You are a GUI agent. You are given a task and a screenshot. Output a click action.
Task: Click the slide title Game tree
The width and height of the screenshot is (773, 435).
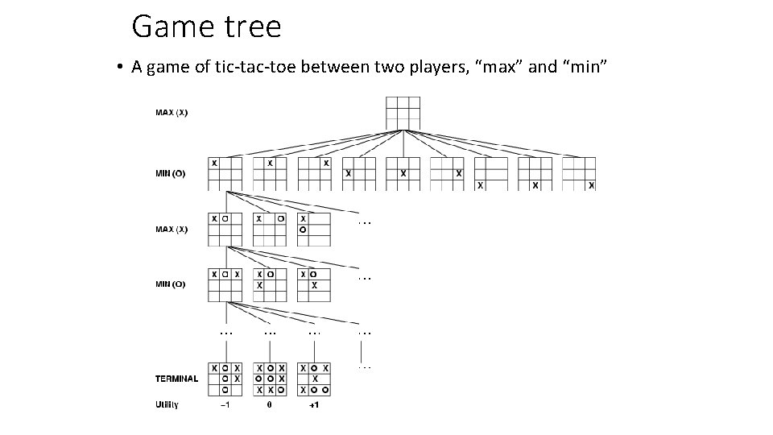coord(206,27)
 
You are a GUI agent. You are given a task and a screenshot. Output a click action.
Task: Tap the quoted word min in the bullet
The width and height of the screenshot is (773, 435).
coord(581,67)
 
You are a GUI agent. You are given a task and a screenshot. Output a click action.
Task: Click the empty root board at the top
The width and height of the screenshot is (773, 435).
coord(403,113)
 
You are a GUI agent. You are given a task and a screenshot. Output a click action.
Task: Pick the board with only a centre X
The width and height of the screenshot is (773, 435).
coord(403,173)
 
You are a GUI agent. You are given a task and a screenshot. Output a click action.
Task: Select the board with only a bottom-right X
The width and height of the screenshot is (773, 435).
coord(579,173)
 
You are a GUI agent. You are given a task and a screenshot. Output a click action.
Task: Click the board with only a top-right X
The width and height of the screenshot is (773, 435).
coord(314,173)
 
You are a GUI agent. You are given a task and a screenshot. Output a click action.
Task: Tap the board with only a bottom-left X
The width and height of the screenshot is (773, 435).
coord(491,173)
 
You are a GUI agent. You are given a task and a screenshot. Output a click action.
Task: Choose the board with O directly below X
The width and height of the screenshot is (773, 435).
coord(314,229)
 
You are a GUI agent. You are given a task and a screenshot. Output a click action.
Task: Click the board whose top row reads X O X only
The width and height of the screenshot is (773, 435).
coord(225,284)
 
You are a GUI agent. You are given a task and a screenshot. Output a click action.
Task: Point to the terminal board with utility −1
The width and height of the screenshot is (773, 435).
coord(225,379)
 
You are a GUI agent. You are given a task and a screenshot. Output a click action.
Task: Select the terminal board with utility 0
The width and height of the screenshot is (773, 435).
coord(270,379)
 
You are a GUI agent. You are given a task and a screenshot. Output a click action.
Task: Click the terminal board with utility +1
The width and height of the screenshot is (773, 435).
coord(314,379)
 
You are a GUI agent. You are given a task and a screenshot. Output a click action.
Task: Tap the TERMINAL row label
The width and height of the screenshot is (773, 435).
coord(176,379)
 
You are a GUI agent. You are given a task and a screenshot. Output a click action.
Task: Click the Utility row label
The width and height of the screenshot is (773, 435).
coord(167,404)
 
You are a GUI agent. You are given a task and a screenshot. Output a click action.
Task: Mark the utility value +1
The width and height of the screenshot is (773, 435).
coord(314,404)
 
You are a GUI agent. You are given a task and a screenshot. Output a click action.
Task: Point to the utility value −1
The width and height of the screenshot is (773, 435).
coord(225,404)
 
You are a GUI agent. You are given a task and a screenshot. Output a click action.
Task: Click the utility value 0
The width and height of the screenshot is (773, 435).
coord(270,404)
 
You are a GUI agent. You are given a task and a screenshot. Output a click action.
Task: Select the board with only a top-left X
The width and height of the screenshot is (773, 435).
coord(225,173)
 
